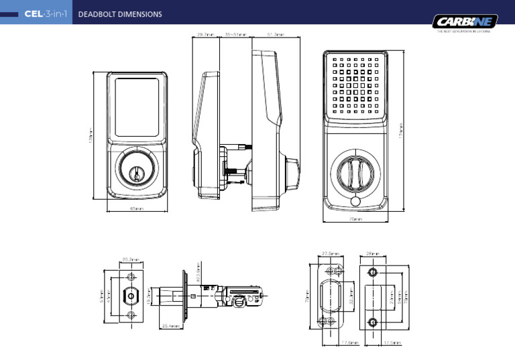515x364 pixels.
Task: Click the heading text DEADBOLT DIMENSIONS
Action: coord(120,14)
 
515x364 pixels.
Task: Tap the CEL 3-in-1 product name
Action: coord(44,14)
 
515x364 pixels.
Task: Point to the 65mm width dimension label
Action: coord(137,208)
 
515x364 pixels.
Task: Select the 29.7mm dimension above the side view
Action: coord(205,34)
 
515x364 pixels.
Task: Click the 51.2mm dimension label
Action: coord(276,34)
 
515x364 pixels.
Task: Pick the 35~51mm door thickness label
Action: coord(235,34)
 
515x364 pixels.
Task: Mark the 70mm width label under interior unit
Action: coord(356,219)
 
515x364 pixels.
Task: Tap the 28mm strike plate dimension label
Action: coord(374,254)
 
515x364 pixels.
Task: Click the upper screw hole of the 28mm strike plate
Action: coord(374,272)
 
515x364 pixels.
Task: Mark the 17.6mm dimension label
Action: coord(349,343)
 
